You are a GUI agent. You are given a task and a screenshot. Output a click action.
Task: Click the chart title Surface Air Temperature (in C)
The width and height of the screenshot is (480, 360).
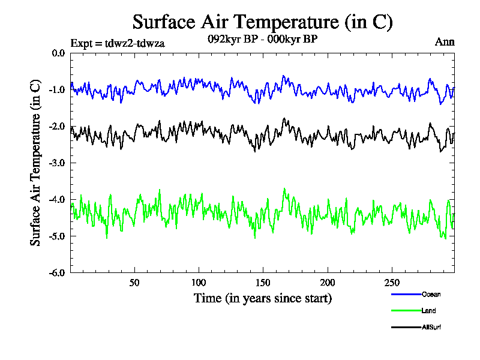point(262,22)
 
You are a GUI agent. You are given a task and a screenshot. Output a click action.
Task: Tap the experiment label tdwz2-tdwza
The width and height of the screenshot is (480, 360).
point(118,43)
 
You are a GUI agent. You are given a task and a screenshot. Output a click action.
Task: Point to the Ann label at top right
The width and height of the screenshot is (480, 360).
point(445,42)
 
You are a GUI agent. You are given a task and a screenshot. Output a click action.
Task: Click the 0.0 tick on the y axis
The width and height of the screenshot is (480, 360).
point(58,53)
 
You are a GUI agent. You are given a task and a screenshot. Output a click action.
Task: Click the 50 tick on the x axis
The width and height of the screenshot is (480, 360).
point(134,283)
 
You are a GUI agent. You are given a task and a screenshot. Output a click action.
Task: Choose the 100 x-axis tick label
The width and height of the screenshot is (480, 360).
point(199,283)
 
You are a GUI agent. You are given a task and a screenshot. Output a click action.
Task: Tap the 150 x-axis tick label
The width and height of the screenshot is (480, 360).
point(263,283)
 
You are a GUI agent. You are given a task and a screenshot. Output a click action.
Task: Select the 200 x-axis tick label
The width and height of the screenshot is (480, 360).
point(327,283)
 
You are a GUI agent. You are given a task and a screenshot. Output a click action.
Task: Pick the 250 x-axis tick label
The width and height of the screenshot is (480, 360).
point(391,283)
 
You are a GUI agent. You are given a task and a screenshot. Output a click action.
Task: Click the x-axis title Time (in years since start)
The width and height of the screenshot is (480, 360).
point(262,298)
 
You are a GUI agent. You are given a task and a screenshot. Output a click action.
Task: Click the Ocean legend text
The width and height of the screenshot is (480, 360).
point(431,295)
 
